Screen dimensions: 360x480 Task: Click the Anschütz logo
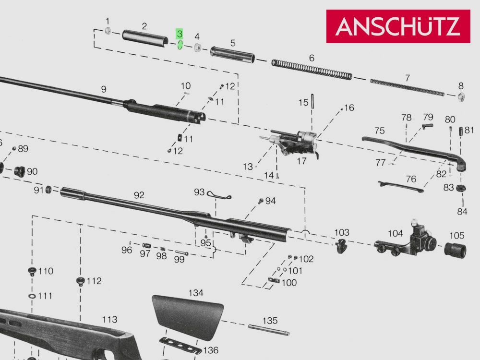coord(398,26)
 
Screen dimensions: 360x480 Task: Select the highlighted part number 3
coord(180,34)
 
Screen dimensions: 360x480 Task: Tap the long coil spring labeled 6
coord(312,70)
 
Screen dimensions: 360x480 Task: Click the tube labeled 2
coord(144,38)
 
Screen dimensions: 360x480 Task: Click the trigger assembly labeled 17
coord(296,143)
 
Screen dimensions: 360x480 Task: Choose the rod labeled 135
coord(269,330)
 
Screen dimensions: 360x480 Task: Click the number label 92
coord(139,195)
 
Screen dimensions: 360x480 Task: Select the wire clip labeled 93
coord(219,194)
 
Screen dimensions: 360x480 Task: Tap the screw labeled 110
coord(33,271)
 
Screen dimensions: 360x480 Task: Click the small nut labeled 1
coord(108,31)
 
